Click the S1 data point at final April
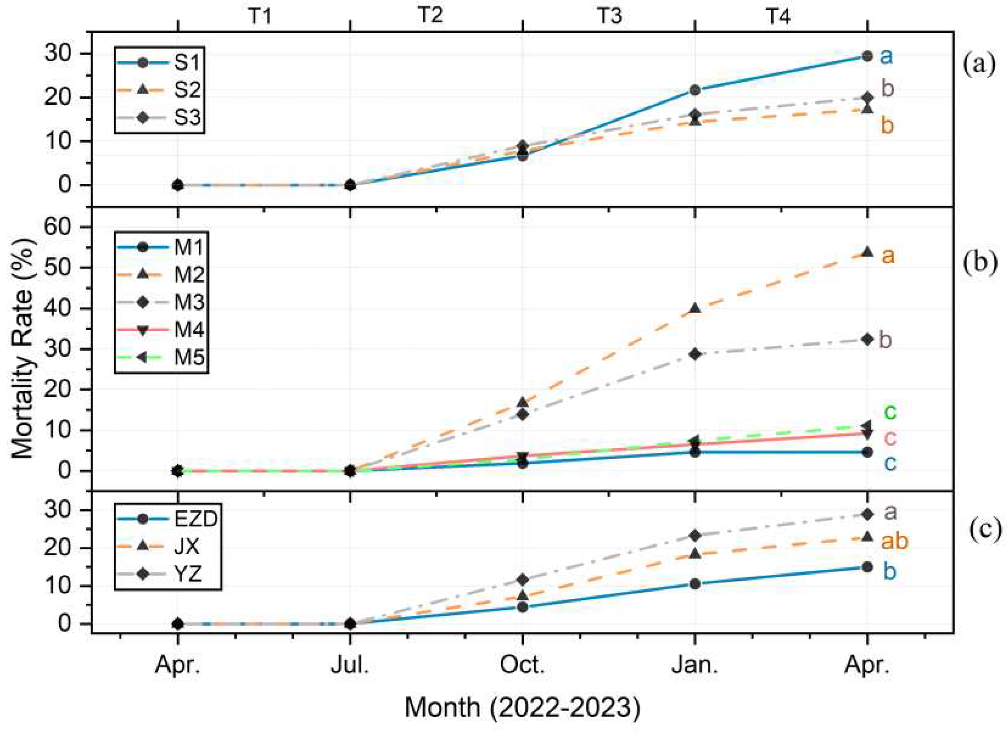pyautogui.click(x=867, y=56)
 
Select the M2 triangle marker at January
pyautogui.click(x=695, y=309)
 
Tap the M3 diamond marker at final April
pyautogui.click(x=867, y=339)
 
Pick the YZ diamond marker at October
pyautogui.click(x=523, y=580)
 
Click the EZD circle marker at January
pyautogui.click(x=695, y=584)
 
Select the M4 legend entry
pyautogui.click(x=160, y=330)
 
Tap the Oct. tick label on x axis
pyautogui.click(x=523, y=666)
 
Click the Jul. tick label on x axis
pyautogui.click(x=350, y=666)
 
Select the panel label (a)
pyautogui.click(x=979, y=65)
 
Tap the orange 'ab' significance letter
pyautogui.click(x=894, y=541)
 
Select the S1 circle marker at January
pyautogui.click(x=695, y=90)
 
